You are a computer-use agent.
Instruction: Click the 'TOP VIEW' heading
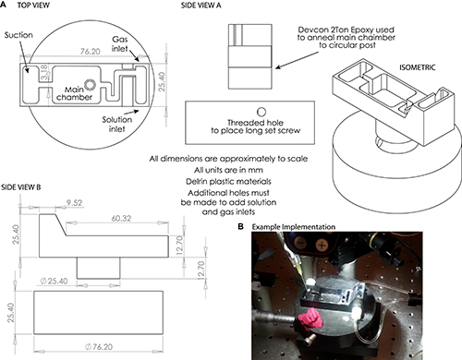point(33,6)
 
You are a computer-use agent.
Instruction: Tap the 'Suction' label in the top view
point(18,35)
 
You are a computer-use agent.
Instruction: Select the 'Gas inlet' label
point(120,43)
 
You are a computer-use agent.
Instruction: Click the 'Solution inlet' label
point(117,124)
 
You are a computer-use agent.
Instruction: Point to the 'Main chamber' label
point(74,93)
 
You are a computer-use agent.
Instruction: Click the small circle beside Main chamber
point(91,85)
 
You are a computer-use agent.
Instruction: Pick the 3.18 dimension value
point(44,72)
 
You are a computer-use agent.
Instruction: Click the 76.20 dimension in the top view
point(91,51)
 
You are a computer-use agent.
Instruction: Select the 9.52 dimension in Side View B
point(74,203)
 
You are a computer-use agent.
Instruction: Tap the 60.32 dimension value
point(121,218)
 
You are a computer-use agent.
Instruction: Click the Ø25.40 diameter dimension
point(54,281)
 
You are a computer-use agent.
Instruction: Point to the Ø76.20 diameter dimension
point(99,347)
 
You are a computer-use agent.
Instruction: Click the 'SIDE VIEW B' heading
point(20,187)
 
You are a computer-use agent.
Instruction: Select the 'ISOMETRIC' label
point(418,67)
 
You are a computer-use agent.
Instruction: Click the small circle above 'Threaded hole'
point(261,112)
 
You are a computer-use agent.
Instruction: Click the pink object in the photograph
point(310,319)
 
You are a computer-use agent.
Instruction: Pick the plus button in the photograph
point(322,246)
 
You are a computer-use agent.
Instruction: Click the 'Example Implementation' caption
point(294,227)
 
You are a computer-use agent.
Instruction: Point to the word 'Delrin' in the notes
point(196,181)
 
